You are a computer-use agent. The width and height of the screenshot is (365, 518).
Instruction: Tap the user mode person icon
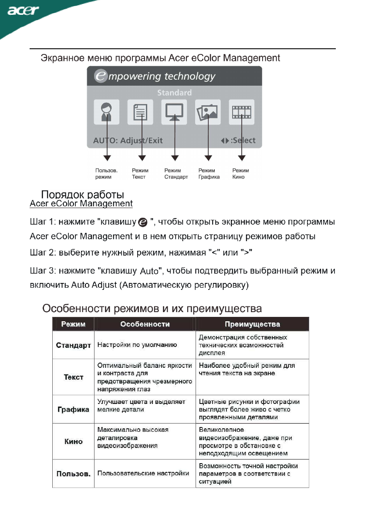107,112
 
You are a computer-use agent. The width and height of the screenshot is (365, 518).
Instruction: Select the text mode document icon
140,112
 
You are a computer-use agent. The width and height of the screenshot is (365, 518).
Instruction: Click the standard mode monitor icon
174,112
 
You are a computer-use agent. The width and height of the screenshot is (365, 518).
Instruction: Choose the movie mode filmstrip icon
242,112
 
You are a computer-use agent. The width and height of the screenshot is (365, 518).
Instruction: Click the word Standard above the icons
174,93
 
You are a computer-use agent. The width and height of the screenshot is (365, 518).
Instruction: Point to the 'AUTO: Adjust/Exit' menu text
128,141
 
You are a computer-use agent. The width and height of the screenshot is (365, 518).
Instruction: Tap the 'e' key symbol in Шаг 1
142,223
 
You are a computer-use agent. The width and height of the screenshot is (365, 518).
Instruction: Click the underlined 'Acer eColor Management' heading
81,203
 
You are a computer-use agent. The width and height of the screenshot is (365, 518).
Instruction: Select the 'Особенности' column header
145,324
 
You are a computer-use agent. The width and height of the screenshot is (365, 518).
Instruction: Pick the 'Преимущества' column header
252,324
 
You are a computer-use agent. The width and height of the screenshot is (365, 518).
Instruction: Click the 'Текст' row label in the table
73,377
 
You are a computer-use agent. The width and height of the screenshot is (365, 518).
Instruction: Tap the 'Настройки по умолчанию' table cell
137,345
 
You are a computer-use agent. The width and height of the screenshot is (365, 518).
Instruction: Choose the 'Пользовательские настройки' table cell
143,473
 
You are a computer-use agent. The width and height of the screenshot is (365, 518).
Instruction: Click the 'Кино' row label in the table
73,441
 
